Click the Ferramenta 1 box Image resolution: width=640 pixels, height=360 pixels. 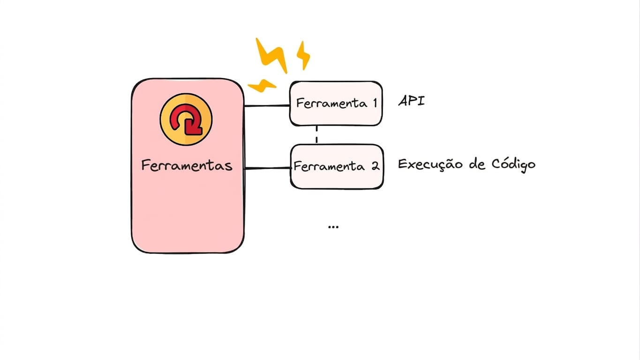coord(336,104)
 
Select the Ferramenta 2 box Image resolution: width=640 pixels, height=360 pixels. coord(337,166)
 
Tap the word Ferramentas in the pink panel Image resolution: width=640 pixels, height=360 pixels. coord(187,165)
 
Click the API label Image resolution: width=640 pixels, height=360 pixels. coord(412,101)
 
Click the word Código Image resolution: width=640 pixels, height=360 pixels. coord(513,165)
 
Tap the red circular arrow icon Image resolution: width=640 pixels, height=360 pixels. coord(186,119)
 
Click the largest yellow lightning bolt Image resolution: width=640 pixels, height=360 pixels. coord(272,55)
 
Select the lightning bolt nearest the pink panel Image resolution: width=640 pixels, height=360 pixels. coord(262,86)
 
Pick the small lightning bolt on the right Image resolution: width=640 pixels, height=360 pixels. coord(303,55)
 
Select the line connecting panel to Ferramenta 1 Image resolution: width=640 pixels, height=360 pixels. coord(267,106)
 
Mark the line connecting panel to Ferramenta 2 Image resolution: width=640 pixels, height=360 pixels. coord(267,168)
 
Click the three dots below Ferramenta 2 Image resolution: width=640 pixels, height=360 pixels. coord(333,227)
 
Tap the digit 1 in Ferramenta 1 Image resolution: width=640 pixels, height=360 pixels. coord(375,103)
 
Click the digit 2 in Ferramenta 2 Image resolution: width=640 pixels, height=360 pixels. coord(376,166)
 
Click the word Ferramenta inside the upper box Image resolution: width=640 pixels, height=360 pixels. coord(331,103)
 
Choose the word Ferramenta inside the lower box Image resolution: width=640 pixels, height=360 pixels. coord(329,166)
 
